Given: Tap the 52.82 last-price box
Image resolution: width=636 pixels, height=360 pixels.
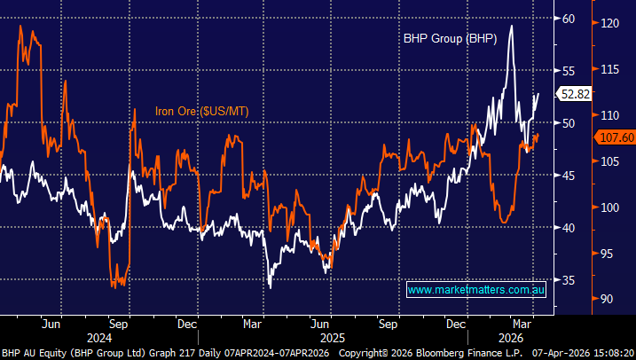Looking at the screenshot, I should pyautogui.click(x=572, y=93).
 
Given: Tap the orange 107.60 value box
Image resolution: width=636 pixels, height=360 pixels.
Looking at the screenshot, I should pyautogui.click(x=612, y=138).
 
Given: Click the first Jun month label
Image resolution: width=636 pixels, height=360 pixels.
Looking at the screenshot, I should pyautogui.click(x=51, y=324).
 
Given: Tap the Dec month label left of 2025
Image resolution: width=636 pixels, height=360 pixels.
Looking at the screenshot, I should pyautogui.click(x=187, y=324).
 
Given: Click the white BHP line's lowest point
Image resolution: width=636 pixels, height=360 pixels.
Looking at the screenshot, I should pyautogui.click(x=270, y=286).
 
